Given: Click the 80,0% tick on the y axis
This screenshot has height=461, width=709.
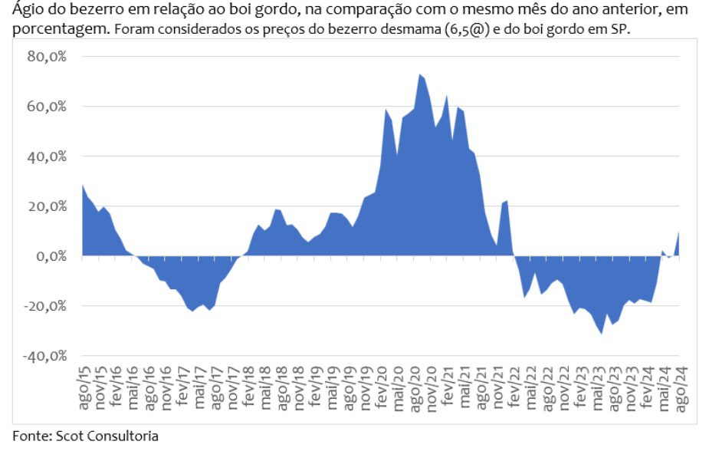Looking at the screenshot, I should point(48,57).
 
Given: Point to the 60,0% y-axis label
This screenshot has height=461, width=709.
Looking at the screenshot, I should point(48,107).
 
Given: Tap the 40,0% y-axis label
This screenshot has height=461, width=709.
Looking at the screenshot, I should point(48,156).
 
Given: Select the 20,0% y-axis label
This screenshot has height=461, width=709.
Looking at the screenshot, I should point(48,206).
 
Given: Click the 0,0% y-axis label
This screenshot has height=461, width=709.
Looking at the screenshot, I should point(51,256).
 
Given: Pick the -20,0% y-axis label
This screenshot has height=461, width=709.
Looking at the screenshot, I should point(44,306).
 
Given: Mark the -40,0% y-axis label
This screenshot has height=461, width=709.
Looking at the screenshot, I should point(44,356).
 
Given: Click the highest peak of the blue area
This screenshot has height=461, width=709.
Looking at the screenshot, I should point(419,74).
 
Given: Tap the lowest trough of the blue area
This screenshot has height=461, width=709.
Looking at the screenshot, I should point(602,333).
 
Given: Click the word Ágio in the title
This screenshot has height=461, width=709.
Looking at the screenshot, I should point(28,11).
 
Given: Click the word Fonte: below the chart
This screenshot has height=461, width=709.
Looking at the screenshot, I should point(31,436).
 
